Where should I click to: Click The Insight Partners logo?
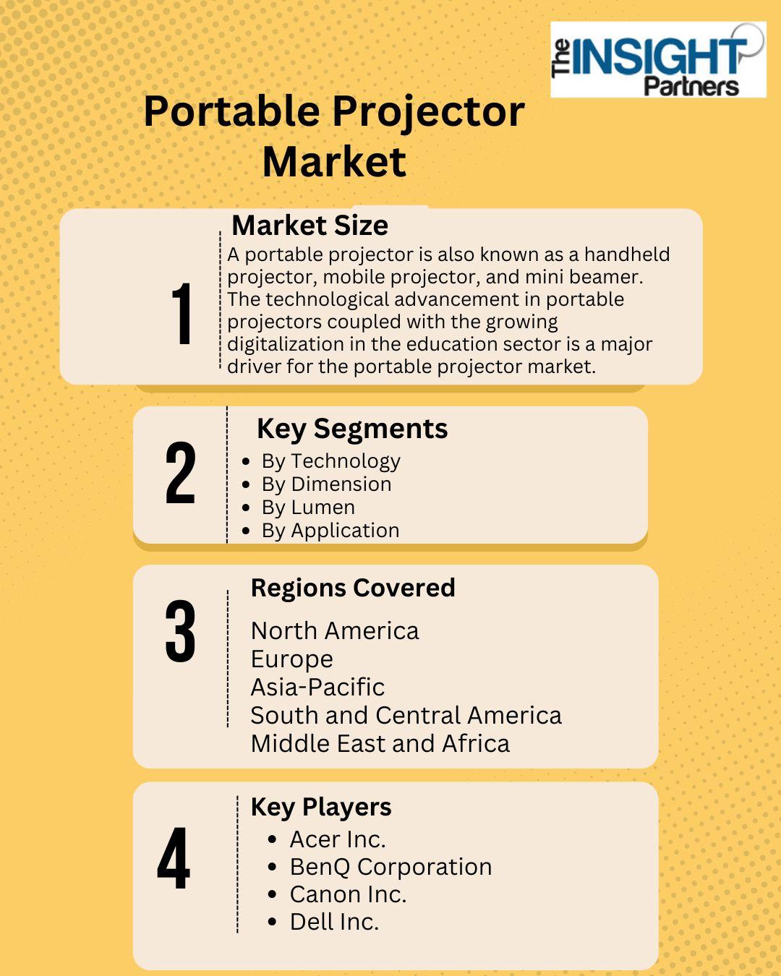(x=658, y=59)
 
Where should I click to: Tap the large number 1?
(x=182, y=313)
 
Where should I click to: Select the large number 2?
(x=180, y=473)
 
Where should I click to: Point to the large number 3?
(x=180, y=631)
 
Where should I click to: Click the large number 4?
(x=174, y=857)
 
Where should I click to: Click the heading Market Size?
(x=310, y=226)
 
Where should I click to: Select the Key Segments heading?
(x=352, y=429)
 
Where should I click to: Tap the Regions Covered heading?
(x=353, y=588)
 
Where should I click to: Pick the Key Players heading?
(x=321, y=808)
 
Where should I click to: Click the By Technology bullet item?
(x=330, y=462)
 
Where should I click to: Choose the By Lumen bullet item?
(x=308, y=508)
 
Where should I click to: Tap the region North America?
(x=335, y=631)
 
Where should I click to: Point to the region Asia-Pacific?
(x=317, y=687)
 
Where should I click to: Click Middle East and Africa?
(x=380, y=744)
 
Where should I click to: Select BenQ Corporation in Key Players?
(x=390, y=867)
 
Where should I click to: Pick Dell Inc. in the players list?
(x=334, y=922)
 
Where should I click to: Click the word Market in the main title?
(x=334, y=163)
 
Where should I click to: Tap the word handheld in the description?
(x=627, y=254)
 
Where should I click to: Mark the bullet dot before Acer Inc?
(x=273, y=839)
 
